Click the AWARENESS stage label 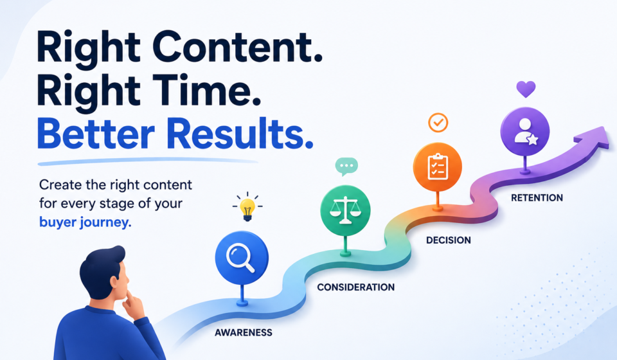(x=243, y=332)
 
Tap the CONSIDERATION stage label (x=355, y=287)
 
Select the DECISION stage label (x=448, y=240)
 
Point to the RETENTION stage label (x=537, y=197)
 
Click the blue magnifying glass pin (x=242, y=258)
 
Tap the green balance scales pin (x=345, y=210)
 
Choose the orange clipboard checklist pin (x=437, y=166)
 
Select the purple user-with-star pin (x=525, y=131)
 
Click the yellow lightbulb (x=247, y=208)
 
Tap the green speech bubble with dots (x=346, y=166)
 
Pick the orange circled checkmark (x=438, y=122)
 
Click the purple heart (x=526, y=89)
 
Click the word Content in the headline (x=237, y=46)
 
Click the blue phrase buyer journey (x=85, y=222)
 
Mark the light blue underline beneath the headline (x=148, y=161)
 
